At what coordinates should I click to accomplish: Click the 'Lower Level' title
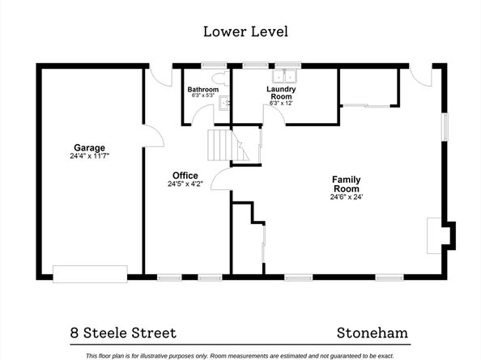click(x=244, y=32)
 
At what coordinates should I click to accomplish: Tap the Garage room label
click(x=89, y=148)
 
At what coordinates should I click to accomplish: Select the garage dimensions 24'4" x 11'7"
click(x=89, y=156)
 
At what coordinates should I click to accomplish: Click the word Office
click(x=185, y=176)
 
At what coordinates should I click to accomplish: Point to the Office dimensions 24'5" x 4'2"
click(x=185, y=184)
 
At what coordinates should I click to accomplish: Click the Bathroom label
click(x=202, y=89)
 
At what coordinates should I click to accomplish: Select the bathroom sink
click(x=227, y=103)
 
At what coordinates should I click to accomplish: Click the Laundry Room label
click(x=281, y=92)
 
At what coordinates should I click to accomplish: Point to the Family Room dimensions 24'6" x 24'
click(x=346, y=197)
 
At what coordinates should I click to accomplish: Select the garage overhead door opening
click(x=90, y=273)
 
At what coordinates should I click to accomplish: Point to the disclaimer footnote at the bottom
click(x=243, y=355)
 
